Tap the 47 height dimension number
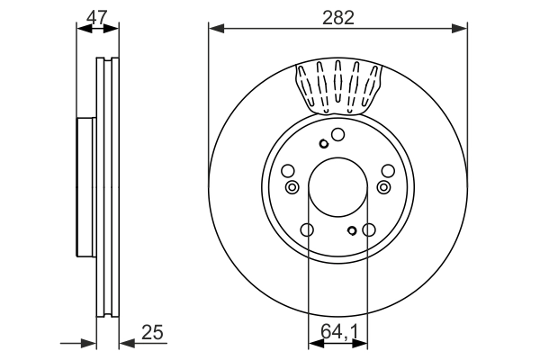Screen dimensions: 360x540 tap(98, 15)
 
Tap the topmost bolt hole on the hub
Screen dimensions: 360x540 tap(337, 135)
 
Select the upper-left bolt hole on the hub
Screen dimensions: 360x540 tap(288, 171)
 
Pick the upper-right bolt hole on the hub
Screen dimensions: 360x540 tap(387, 171)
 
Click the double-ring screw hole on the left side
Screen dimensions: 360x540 tap(292, 187)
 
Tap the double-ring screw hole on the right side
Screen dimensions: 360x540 tap(383, 187)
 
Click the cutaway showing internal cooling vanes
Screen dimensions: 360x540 tap(337, 88)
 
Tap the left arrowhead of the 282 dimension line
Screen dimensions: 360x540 tap(214, 29)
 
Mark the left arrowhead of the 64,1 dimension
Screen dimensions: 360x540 tap(313, 342)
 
